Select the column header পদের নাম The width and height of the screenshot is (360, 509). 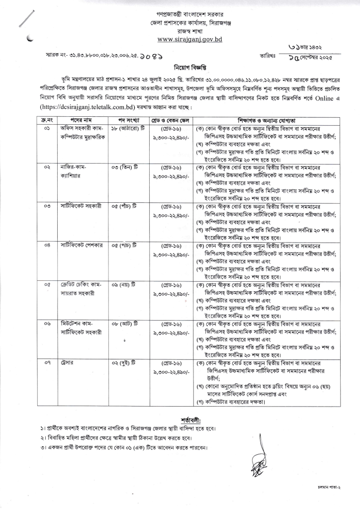coord(81,121)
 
